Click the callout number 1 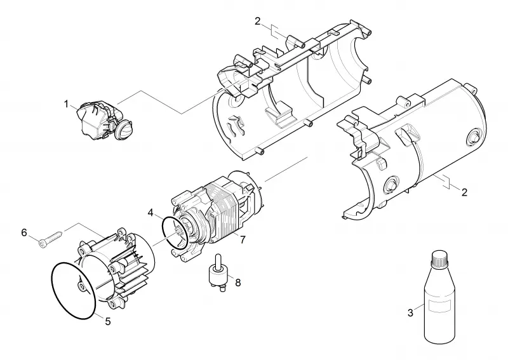point(67,104)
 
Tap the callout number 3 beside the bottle point(410,313)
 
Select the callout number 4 point(150,213)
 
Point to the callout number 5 point(108,321)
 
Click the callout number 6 point(24,232)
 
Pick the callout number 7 point(243,240)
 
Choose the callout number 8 point(237,283)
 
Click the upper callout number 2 point(258,22)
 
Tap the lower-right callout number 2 point(465,192)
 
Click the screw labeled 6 point(50,238)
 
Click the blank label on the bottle point(439,307)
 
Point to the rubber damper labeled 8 point(218,272)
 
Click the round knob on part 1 point(124,130)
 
